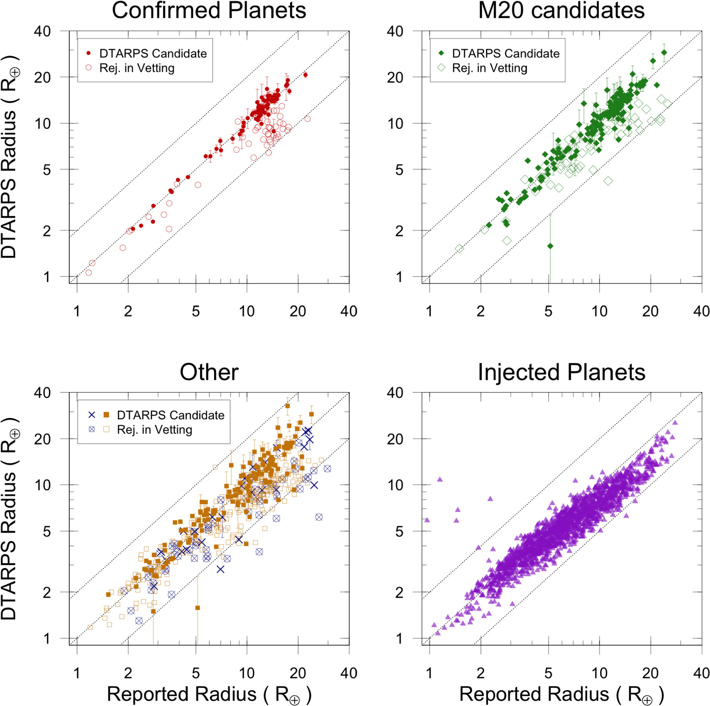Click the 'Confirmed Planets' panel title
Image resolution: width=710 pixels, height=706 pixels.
209,10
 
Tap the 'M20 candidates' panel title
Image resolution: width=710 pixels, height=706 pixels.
561,10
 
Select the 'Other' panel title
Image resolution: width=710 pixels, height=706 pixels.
209,372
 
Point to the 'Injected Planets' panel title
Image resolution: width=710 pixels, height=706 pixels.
562,372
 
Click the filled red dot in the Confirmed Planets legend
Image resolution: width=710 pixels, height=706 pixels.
89,53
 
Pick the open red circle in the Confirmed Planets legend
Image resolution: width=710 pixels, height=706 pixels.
89,68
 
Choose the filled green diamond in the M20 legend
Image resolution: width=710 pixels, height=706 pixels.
441,53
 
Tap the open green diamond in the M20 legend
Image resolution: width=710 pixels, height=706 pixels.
441,68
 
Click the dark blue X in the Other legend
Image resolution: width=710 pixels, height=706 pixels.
92,415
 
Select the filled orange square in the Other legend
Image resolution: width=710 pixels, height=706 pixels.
106,415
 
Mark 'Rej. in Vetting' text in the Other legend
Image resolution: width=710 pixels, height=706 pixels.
155,430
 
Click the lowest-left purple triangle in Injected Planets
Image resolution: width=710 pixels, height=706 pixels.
438,633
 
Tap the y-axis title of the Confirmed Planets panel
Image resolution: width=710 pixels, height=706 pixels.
9,157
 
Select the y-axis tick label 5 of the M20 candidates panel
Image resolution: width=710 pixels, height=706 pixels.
399,170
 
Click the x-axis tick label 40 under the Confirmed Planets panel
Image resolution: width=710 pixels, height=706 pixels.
349,311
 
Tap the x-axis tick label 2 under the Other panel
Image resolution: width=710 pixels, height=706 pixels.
128,673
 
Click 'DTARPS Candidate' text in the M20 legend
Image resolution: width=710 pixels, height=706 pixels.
506,53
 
